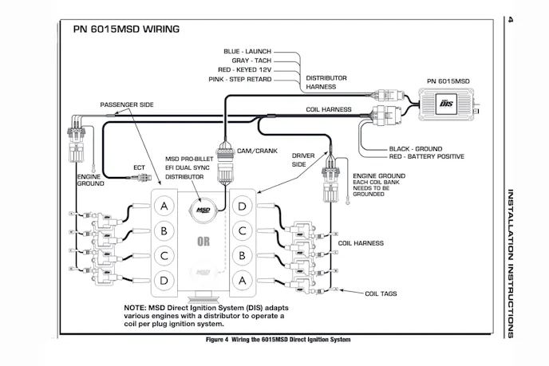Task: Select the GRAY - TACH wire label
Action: tap(251, 61)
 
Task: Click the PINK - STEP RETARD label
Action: tap(242, 81)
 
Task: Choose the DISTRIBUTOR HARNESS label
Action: tap(327, 83)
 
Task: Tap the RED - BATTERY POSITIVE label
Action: tap(426, 157)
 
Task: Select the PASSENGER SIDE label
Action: tap(127, 104)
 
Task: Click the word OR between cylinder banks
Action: tap(203, 241)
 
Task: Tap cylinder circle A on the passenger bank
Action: tap(164, 207)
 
